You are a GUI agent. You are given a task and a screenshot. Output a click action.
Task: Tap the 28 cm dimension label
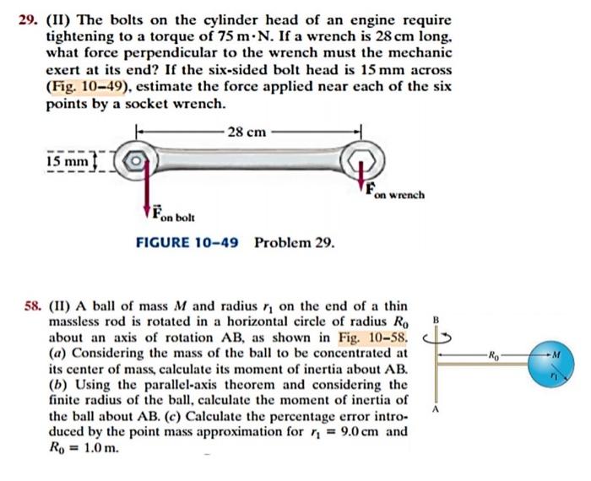pyautogui.click(x=247, y=132)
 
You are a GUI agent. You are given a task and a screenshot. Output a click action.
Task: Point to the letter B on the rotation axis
pyautogui.click(x=436, y=319)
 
